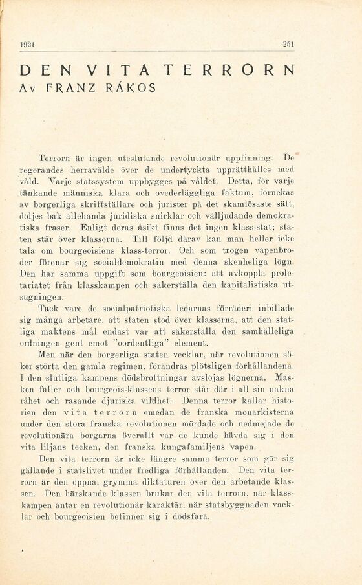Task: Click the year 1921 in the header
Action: (x=27, y=44)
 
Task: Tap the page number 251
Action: (x=288, y=44)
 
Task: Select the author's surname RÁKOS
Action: (x=134, y=87)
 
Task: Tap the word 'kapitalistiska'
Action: (x=248, y=285)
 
